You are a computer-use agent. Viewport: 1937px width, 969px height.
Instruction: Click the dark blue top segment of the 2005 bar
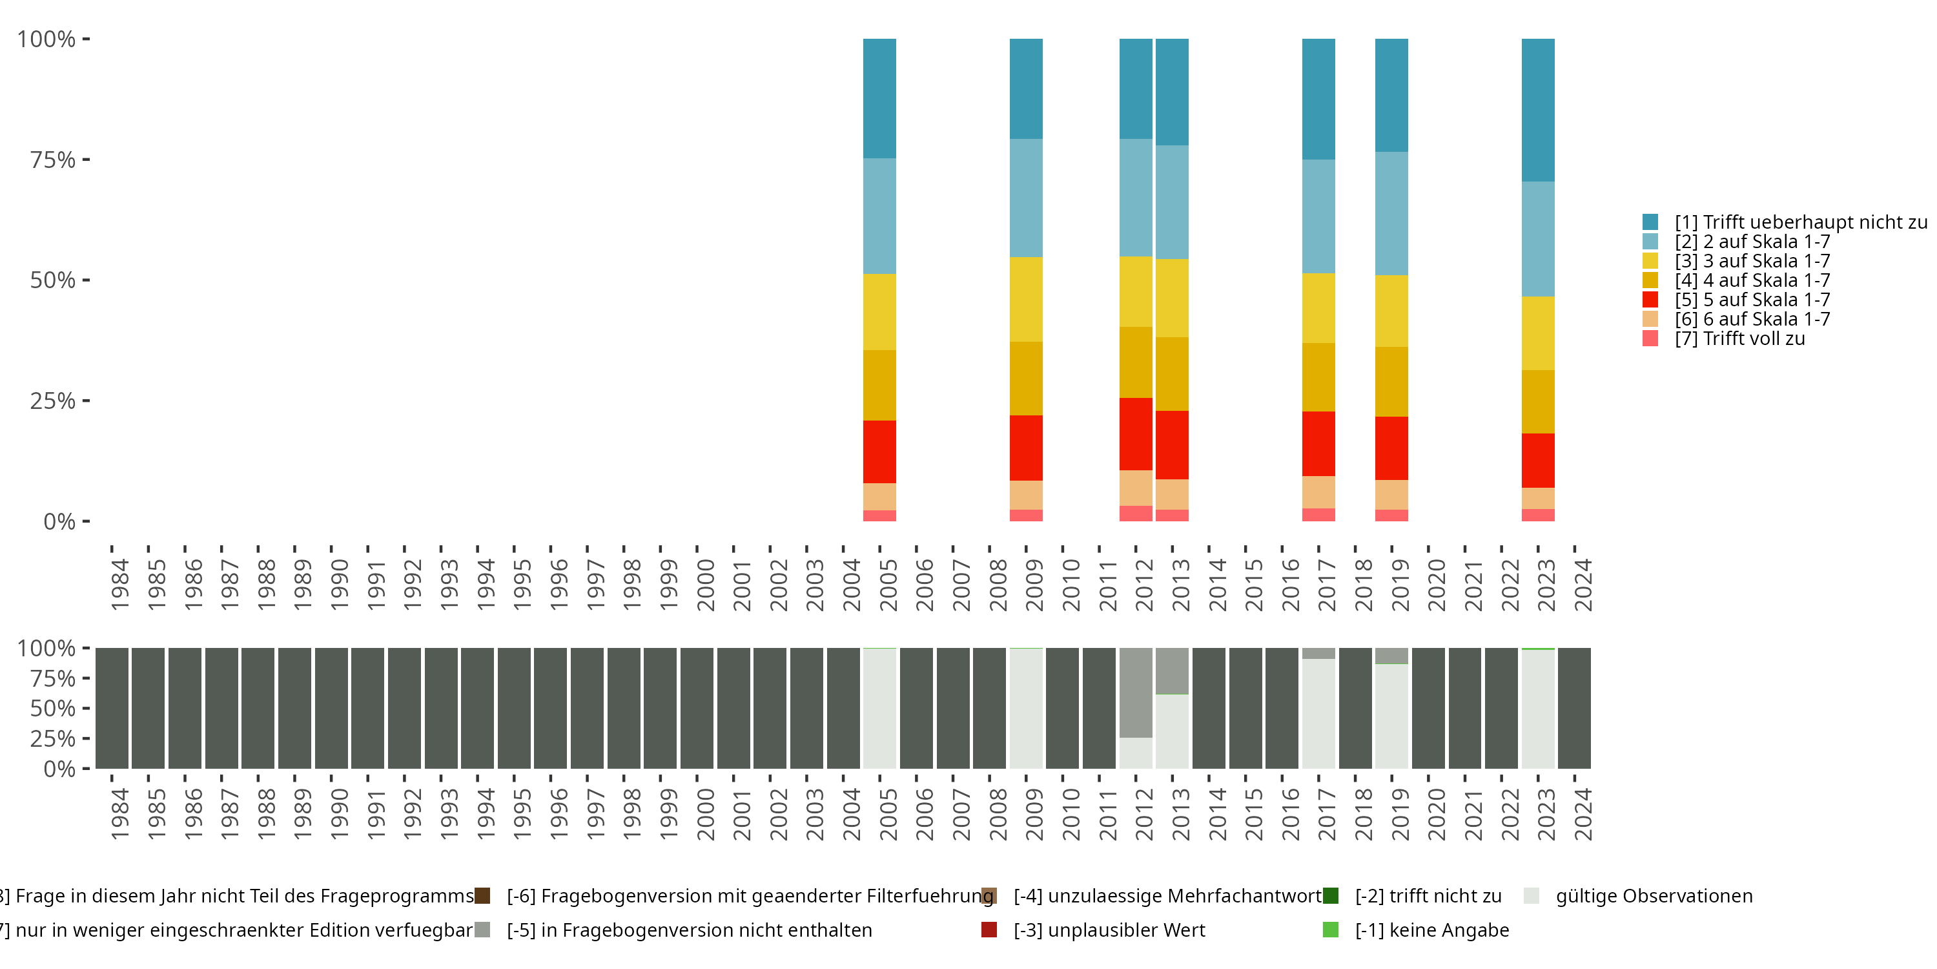(x=879, y=98)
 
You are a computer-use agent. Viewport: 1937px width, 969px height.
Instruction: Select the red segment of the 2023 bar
(x=1538, y=461)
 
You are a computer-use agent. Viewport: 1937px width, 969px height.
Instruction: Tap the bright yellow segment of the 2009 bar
(x=1026, y=300)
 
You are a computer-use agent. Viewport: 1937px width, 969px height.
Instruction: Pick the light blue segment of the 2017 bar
(x=1318, y=216)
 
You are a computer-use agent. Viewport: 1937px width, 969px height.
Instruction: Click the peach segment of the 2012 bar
(x=1136, y=488)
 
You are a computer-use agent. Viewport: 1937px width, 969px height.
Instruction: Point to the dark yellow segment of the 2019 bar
(x=1391, y=381)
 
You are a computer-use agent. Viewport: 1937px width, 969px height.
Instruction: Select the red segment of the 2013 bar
(x=1171, y=444)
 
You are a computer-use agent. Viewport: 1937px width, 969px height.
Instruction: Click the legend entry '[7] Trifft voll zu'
(x=1739, y=339)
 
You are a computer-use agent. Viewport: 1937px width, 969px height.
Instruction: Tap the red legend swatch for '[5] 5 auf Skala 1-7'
(x=1650, y=300)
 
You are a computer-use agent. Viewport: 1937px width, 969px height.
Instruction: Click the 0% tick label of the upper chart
(x=59, y=521)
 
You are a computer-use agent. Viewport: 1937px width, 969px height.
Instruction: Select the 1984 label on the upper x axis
(x=120, y=585)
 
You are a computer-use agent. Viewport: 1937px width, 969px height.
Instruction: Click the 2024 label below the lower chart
(x=1583, y=814)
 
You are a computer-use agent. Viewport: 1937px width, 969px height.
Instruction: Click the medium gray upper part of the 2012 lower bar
(x=1136, y=692)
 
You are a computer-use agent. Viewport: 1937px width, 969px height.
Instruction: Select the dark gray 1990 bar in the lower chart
(x=331, y=708)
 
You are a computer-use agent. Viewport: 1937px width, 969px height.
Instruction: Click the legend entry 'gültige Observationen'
(x=1654, y=896)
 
